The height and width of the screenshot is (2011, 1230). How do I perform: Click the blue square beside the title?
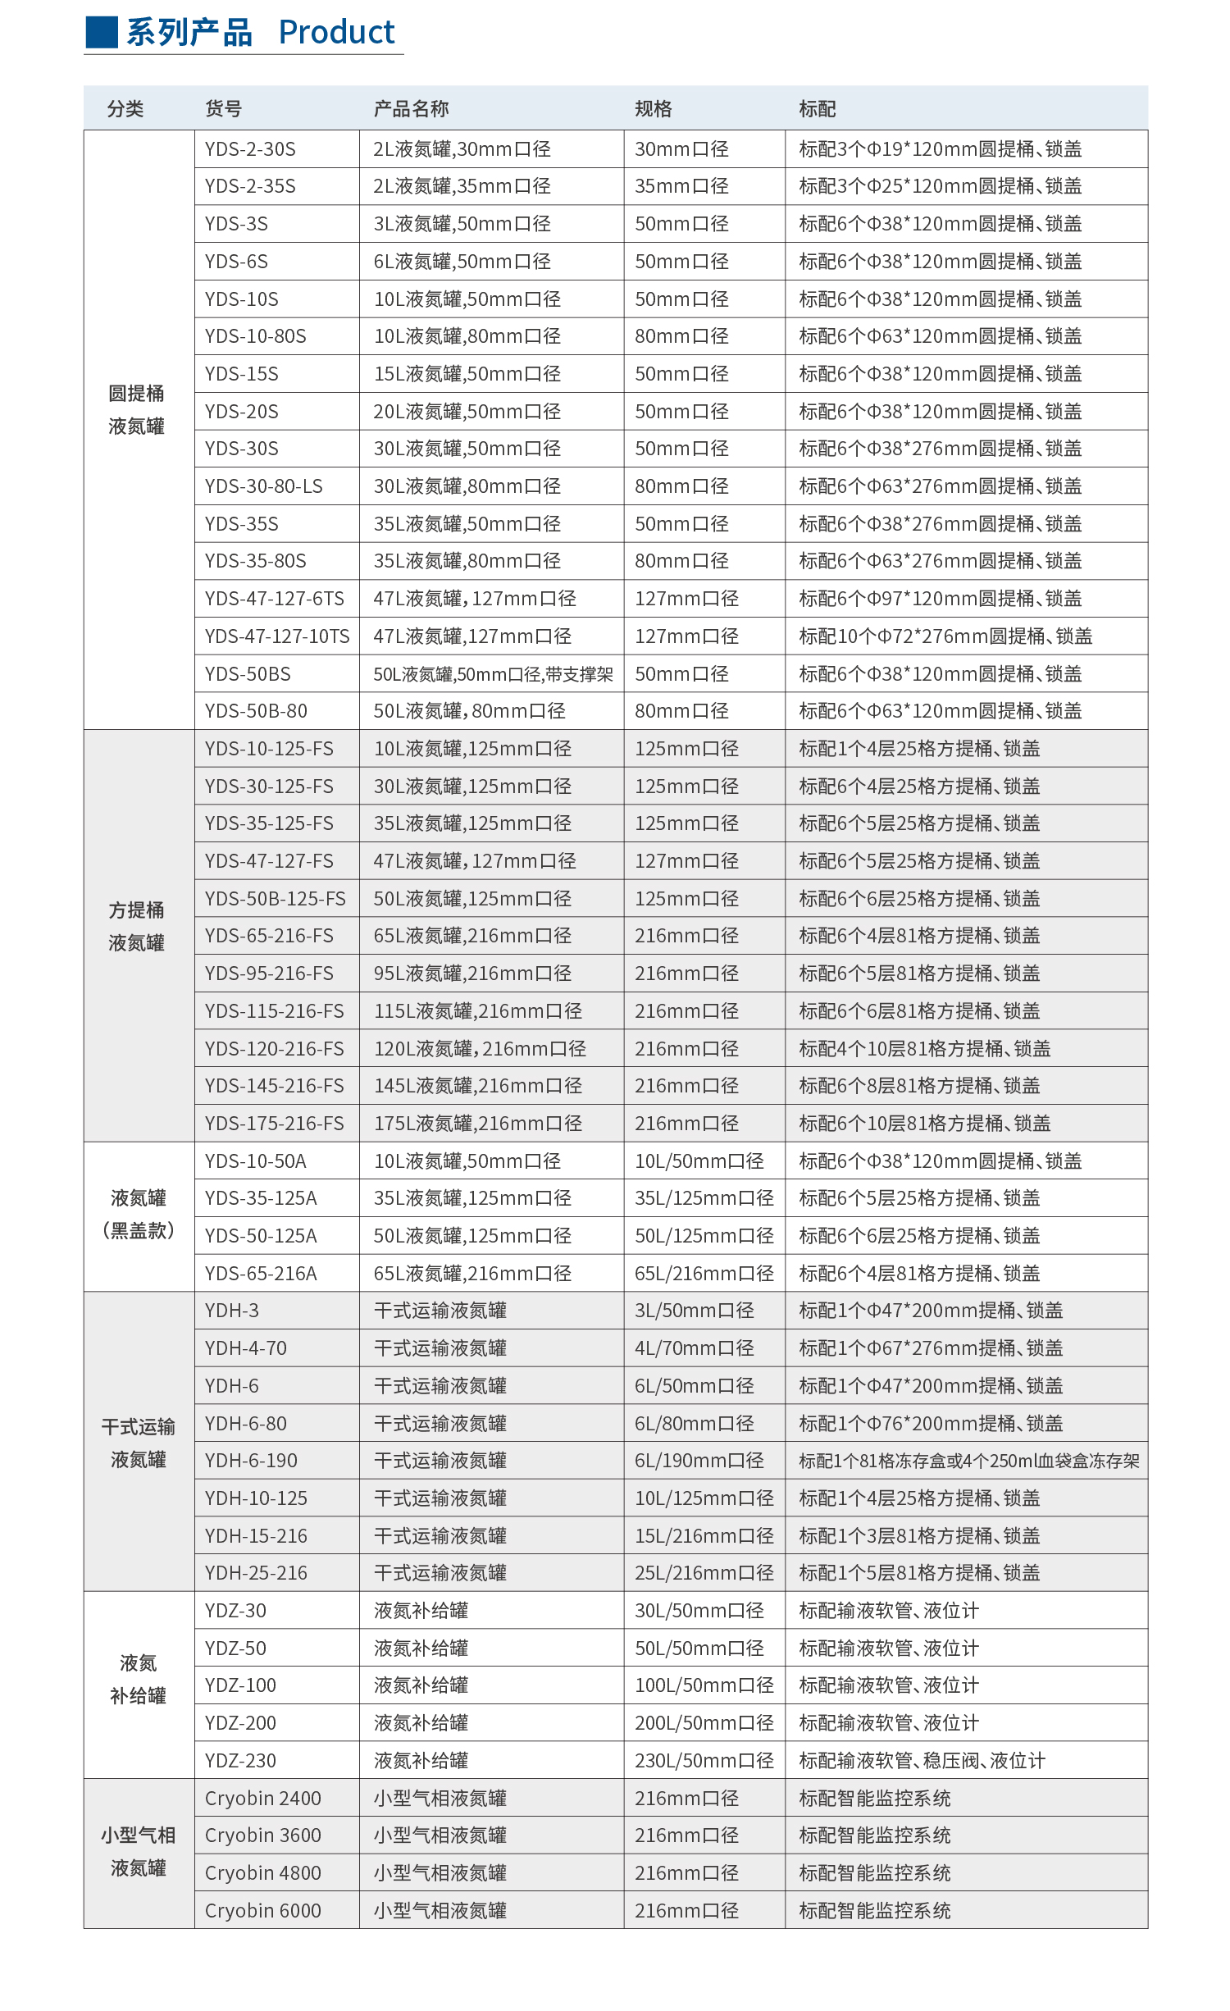102,32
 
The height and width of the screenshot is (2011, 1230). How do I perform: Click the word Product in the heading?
336,32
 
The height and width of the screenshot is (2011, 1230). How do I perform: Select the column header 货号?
223,108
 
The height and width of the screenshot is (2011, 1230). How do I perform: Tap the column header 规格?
654,108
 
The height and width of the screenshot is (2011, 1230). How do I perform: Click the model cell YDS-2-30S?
250,149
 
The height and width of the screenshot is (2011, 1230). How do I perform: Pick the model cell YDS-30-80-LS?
264,486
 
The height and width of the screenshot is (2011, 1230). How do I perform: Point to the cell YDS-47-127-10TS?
277,636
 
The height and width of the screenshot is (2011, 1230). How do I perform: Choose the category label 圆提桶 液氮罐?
137,410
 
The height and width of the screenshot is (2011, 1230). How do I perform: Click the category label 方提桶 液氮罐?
137,927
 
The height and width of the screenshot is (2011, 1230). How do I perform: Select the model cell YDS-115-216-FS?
275,1011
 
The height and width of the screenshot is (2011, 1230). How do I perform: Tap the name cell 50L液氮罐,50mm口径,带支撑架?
493,674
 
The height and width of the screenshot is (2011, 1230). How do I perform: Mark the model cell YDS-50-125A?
261,1236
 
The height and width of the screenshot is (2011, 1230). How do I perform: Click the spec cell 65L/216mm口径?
704,1274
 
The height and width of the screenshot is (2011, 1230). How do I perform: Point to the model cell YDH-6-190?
251,1461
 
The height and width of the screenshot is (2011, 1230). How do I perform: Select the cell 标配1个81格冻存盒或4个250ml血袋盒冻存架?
969,1461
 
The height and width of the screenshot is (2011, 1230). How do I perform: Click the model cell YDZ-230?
240,1761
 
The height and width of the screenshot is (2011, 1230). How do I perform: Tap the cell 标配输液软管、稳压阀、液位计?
922,1761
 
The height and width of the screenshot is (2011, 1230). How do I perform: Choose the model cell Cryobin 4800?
262,1873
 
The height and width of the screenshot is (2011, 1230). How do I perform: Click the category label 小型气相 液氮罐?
139,1852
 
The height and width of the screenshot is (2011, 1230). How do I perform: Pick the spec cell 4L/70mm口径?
694,1348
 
